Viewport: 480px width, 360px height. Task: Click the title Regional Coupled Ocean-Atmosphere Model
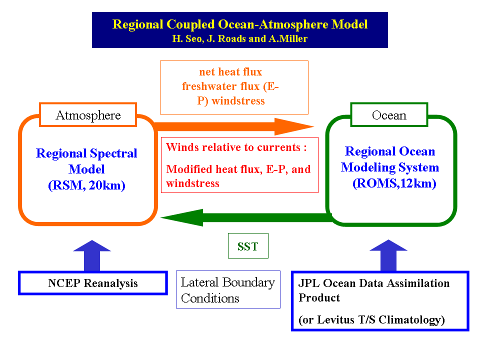coord(240,24)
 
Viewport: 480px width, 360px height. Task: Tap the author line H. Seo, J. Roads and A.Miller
coord(240,38)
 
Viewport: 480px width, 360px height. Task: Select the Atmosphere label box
coord(88,115)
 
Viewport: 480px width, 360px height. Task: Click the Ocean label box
coord(389,115)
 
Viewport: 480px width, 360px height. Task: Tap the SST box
coord(247,246)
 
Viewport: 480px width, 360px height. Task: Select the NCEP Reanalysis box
coord(93,283)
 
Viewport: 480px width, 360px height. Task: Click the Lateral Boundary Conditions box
coord(228,290)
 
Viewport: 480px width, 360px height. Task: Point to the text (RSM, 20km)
coord(86,185)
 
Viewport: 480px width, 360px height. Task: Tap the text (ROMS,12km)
coord(394,183)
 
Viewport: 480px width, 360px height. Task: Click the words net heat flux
coord(230,72)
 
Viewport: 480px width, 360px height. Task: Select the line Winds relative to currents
coord(236,147)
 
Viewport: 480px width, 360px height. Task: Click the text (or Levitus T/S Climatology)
coord(371,319)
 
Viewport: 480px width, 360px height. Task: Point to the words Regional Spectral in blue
coord(86,153)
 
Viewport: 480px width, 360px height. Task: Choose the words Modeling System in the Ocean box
coord(390,167)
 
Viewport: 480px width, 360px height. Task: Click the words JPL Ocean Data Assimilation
coord(374,283)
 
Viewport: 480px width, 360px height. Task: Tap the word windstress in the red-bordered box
coord(192,183)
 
